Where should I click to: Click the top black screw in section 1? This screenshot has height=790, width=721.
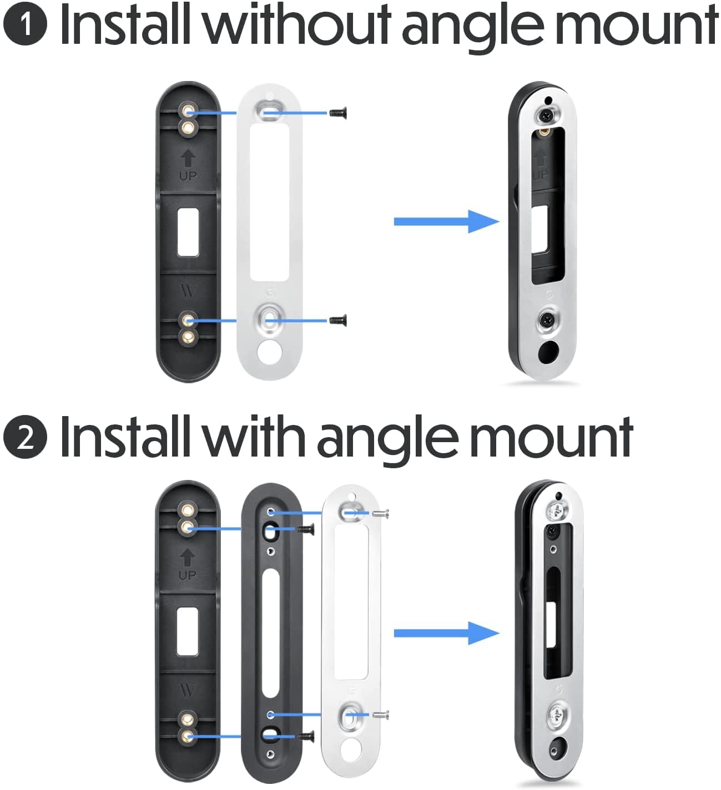point(335,113)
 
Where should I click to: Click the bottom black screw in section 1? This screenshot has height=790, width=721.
point(337,320)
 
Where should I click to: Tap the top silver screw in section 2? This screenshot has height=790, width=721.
point(382,514)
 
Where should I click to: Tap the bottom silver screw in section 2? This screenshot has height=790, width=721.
point(382,715)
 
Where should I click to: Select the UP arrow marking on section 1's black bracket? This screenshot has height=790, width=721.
point(188,160)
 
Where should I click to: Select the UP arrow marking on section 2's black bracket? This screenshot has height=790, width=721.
point(188,558)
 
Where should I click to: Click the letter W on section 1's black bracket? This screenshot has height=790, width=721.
point(188,291)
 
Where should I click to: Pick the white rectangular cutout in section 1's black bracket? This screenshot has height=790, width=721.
point(188,232)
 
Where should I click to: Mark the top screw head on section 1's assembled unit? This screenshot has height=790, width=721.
point(546,115)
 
